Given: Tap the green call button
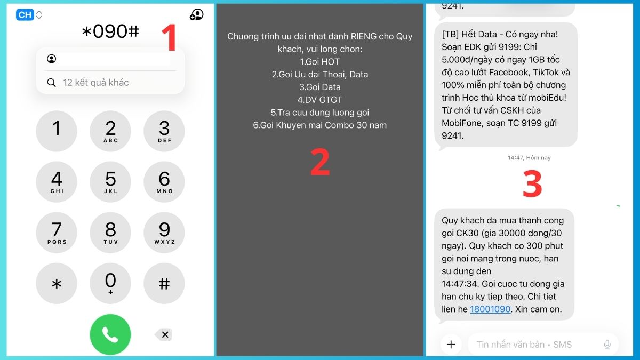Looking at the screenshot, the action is point(110,334).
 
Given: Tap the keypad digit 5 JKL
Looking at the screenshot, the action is point(110,182).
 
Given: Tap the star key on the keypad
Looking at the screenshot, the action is point(57,283).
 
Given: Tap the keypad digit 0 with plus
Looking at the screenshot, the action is point(110,283).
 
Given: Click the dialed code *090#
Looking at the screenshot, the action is point(110,31).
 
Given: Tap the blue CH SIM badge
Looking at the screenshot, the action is point(25,14).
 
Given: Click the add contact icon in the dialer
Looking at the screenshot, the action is point(197,14).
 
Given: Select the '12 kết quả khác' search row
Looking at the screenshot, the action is point(110,83).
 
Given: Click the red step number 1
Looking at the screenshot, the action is point(169,37).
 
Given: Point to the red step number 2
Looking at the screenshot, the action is point(320,162).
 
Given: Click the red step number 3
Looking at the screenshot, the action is point(532,183).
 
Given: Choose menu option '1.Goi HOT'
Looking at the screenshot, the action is point(319,62).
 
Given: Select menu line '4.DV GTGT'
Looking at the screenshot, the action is point(319,100).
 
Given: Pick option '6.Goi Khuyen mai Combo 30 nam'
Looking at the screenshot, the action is point(319,125).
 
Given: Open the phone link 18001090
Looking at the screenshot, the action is point(490,309).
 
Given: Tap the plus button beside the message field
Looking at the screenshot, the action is point(451,345).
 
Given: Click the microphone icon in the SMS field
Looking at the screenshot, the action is point(607,345).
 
